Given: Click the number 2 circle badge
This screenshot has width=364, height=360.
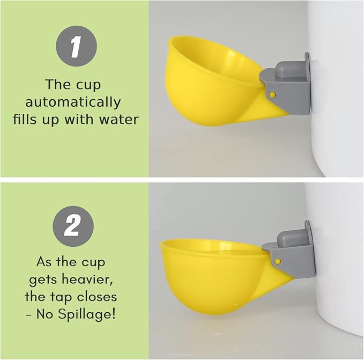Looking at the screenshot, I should [x=73, y=226].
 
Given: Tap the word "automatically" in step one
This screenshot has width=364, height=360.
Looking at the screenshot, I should [x=73, y=102].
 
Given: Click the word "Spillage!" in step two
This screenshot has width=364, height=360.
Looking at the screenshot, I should [x=90, y=313].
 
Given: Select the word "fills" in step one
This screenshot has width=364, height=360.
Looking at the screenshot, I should [x=25, y=119].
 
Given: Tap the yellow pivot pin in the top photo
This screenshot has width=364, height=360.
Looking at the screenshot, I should [x=273, y=94].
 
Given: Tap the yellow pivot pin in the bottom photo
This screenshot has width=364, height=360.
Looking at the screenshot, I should [x=278, y=260].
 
